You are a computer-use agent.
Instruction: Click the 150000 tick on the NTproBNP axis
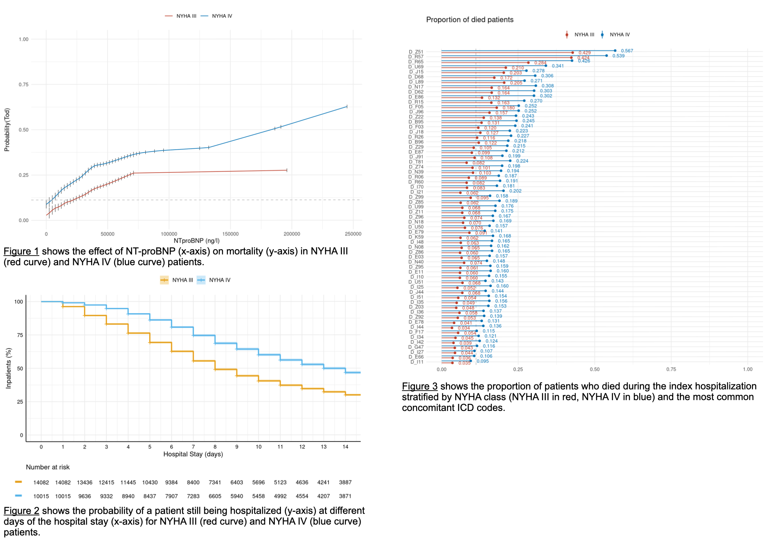pos(230,234)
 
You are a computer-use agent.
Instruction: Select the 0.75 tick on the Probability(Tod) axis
pos(23,85)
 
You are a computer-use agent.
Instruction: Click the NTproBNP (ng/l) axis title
pos(197,241)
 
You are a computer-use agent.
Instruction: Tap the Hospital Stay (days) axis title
pos(193,454)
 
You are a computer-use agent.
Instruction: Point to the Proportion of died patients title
pos(470,20)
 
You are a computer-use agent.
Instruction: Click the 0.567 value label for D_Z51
pos(627,51)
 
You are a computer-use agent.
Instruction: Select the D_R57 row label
pos(416,57)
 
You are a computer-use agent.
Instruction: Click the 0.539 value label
pos(618,56)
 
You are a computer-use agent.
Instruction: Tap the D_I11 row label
pos(417,362)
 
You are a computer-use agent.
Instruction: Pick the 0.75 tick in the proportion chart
pos(671,370)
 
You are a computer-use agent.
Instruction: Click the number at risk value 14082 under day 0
pos(41,482)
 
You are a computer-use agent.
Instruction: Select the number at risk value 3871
pos(345,496)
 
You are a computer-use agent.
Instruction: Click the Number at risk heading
pos(48,467)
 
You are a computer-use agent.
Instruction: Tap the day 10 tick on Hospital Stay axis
pos(258,447)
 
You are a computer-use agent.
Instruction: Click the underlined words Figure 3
pos(419,386)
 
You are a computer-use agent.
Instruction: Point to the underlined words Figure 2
pos(21,511)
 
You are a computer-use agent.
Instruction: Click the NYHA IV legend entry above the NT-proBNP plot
pos(222,16)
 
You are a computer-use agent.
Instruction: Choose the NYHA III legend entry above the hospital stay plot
pos(182,280)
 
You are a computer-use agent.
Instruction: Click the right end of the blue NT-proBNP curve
pos(347,107)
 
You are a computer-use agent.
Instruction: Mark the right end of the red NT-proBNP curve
pos(287,170)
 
